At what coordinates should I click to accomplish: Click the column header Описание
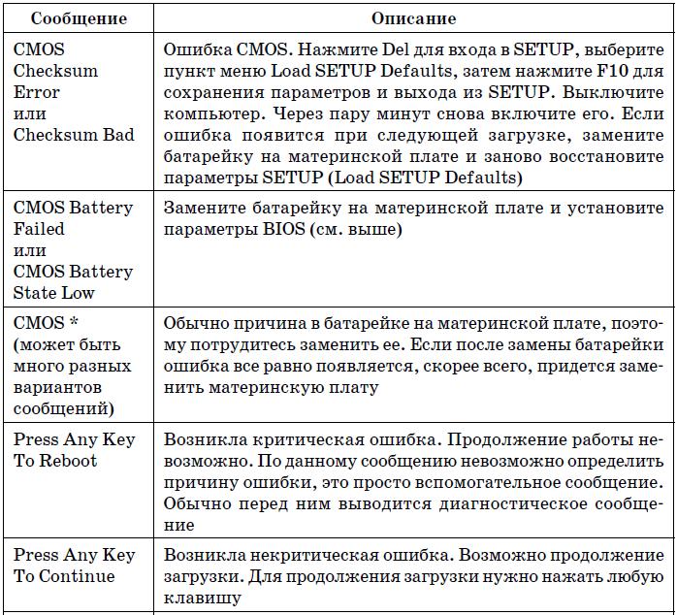tap(413, 18)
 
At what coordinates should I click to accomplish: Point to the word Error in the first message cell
tap(37, 92)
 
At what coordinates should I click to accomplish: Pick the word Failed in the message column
tap(40, 230)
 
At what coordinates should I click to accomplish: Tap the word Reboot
tap(68, 461)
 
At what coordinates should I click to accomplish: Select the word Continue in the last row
tap(78, 576)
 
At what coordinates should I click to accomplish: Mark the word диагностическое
tap(484, 503)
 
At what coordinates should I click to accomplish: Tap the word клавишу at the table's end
tap(201, 599)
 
